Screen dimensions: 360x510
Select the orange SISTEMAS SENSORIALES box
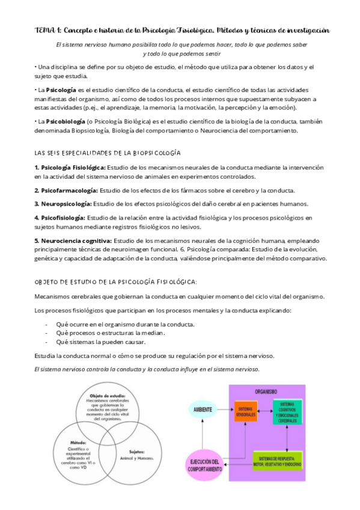click(245, 410)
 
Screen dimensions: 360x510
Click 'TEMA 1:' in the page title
click(46, 30)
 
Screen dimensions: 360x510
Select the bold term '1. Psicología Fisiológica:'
click(70, 167)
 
